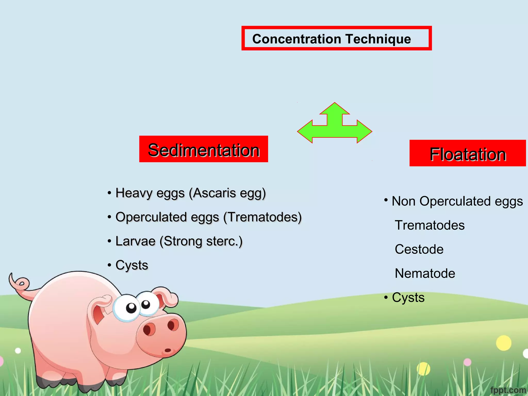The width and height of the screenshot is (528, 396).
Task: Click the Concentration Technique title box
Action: [x=336, y=38]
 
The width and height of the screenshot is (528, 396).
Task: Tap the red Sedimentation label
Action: [x=203, y=149]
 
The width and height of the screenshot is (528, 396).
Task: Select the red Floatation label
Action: [x=467, y=153]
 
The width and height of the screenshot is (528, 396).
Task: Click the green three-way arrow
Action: [x=334, y=126]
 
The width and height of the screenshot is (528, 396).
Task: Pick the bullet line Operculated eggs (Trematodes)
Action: [x=208, y=217]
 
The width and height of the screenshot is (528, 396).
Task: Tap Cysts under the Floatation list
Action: [x=408, y=298]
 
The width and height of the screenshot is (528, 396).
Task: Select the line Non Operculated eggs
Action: [x=457, y=201]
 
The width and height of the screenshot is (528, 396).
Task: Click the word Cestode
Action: [x=419, y=249]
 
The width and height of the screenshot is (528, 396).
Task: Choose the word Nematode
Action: [x=425, y=273]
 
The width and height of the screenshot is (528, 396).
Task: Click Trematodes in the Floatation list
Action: [x=430, y=225]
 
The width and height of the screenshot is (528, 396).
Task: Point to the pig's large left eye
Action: [x=126, y=308]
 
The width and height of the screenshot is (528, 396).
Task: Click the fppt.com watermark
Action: [x=508, y=390]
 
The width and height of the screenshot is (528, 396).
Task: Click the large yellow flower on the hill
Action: [x=503, y=343]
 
